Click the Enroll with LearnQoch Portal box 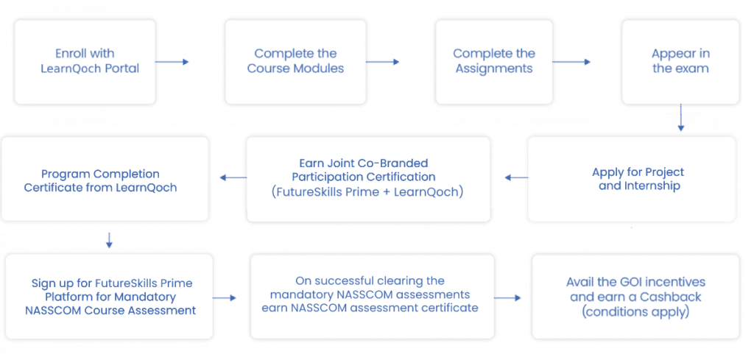pyautogui.click(x=85, y=62)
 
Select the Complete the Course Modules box pyautogui.click(x=295, y=62)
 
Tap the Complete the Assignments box pyautogui.click(x=494, y=62)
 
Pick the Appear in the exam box pyautogui.click(x=680, y=62)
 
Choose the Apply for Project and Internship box pyautogui.click(x=631, y=179)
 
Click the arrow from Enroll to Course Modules pyautogui.click(x=172, y=62)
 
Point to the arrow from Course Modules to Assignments pyautogui.click(x=383, y=62)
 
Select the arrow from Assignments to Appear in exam pyautogui.click(x=571, y=62)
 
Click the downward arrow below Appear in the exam pyautogui.click(x=680, y=118)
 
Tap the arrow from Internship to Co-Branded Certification pyautogui.click(x=516, y=178)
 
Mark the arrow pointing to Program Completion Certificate pyautogui.click(x=233, y=178)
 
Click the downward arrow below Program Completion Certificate pyautogui.click(x=109, y=240)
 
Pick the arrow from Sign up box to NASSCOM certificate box pyautogui.click(x=224, y=298)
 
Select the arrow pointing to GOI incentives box pyautogui.click(x=508, y=298)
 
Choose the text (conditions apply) pyautogui.click(x=635, y=312)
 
